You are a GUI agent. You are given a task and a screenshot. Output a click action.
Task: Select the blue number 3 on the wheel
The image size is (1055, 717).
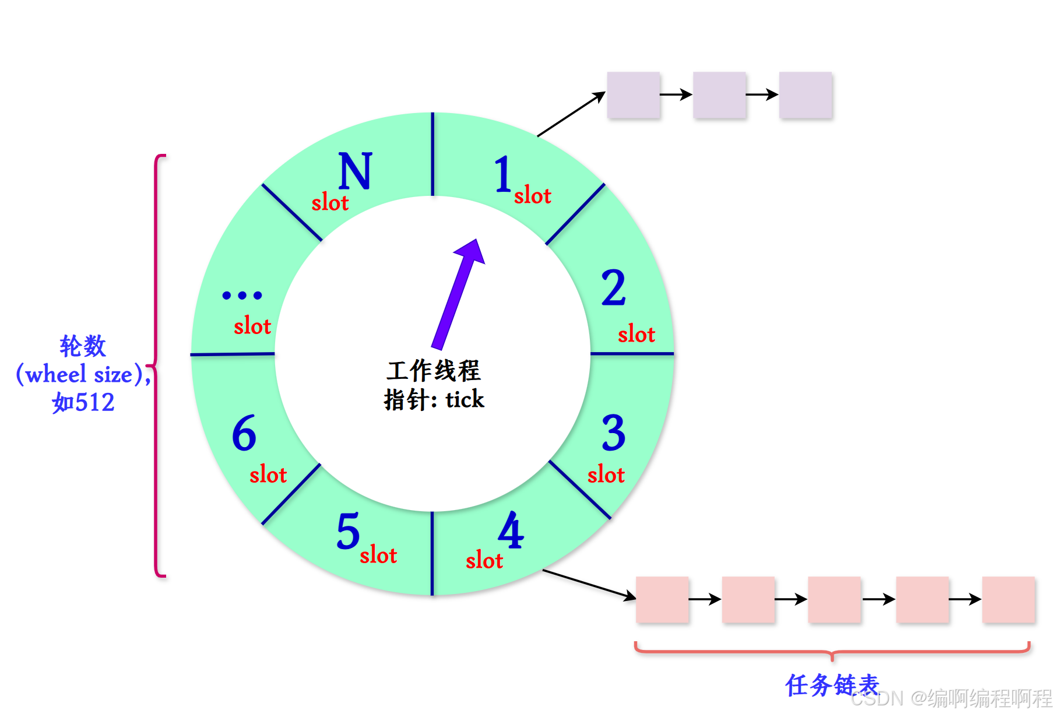coord(614,433)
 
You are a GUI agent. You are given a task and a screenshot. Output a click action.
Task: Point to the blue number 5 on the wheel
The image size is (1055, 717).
coord(348,531)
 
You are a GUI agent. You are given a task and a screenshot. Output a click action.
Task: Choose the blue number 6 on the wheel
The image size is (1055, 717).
coord(244,433)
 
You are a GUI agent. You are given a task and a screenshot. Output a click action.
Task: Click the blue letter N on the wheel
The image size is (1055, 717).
coord(355,171)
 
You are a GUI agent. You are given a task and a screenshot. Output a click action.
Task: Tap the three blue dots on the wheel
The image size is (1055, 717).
coord(242,296)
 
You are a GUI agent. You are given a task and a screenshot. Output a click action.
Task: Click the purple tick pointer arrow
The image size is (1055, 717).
coord(458,294)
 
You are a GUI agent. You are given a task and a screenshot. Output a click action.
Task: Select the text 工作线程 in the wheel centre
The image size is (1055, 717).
coord(433,371)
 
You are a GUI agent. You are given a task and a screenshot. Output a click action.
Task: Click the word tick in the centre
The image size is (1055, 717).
coord(465,400)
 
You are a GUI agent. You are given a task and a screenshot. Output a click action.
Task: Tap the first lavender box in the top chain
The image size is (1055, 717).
coord(634,95)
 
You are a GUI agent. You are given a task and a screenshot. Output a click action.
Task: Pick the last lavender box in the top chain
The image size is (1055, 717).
coord(806,95)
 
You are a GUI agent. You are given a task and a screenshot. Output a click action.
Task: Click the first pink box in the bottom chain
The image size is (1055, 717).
coord(662,599)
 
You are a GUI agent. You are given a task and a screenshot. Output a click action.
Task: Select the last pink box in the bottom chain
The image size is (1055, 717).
coord(1008,599)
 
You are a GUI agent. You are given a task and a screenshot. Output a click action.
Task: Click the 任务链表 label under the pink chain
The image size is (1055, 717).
coord(832,685)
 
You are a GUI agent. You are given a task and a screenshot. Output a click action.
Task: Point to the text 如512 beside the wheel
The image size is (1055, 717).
coord(83,403)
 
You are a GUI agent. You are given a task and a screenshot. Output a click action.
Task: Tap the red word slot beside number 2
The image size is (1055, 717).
coord(636,335)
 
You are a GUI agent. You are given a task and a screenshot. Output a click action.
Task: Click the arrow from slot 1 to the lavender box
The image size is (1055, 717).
coord(571,114)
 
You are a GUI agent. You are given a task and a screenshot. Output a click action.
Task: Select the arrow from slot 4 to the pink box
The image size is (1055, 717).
coord(589,584)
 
